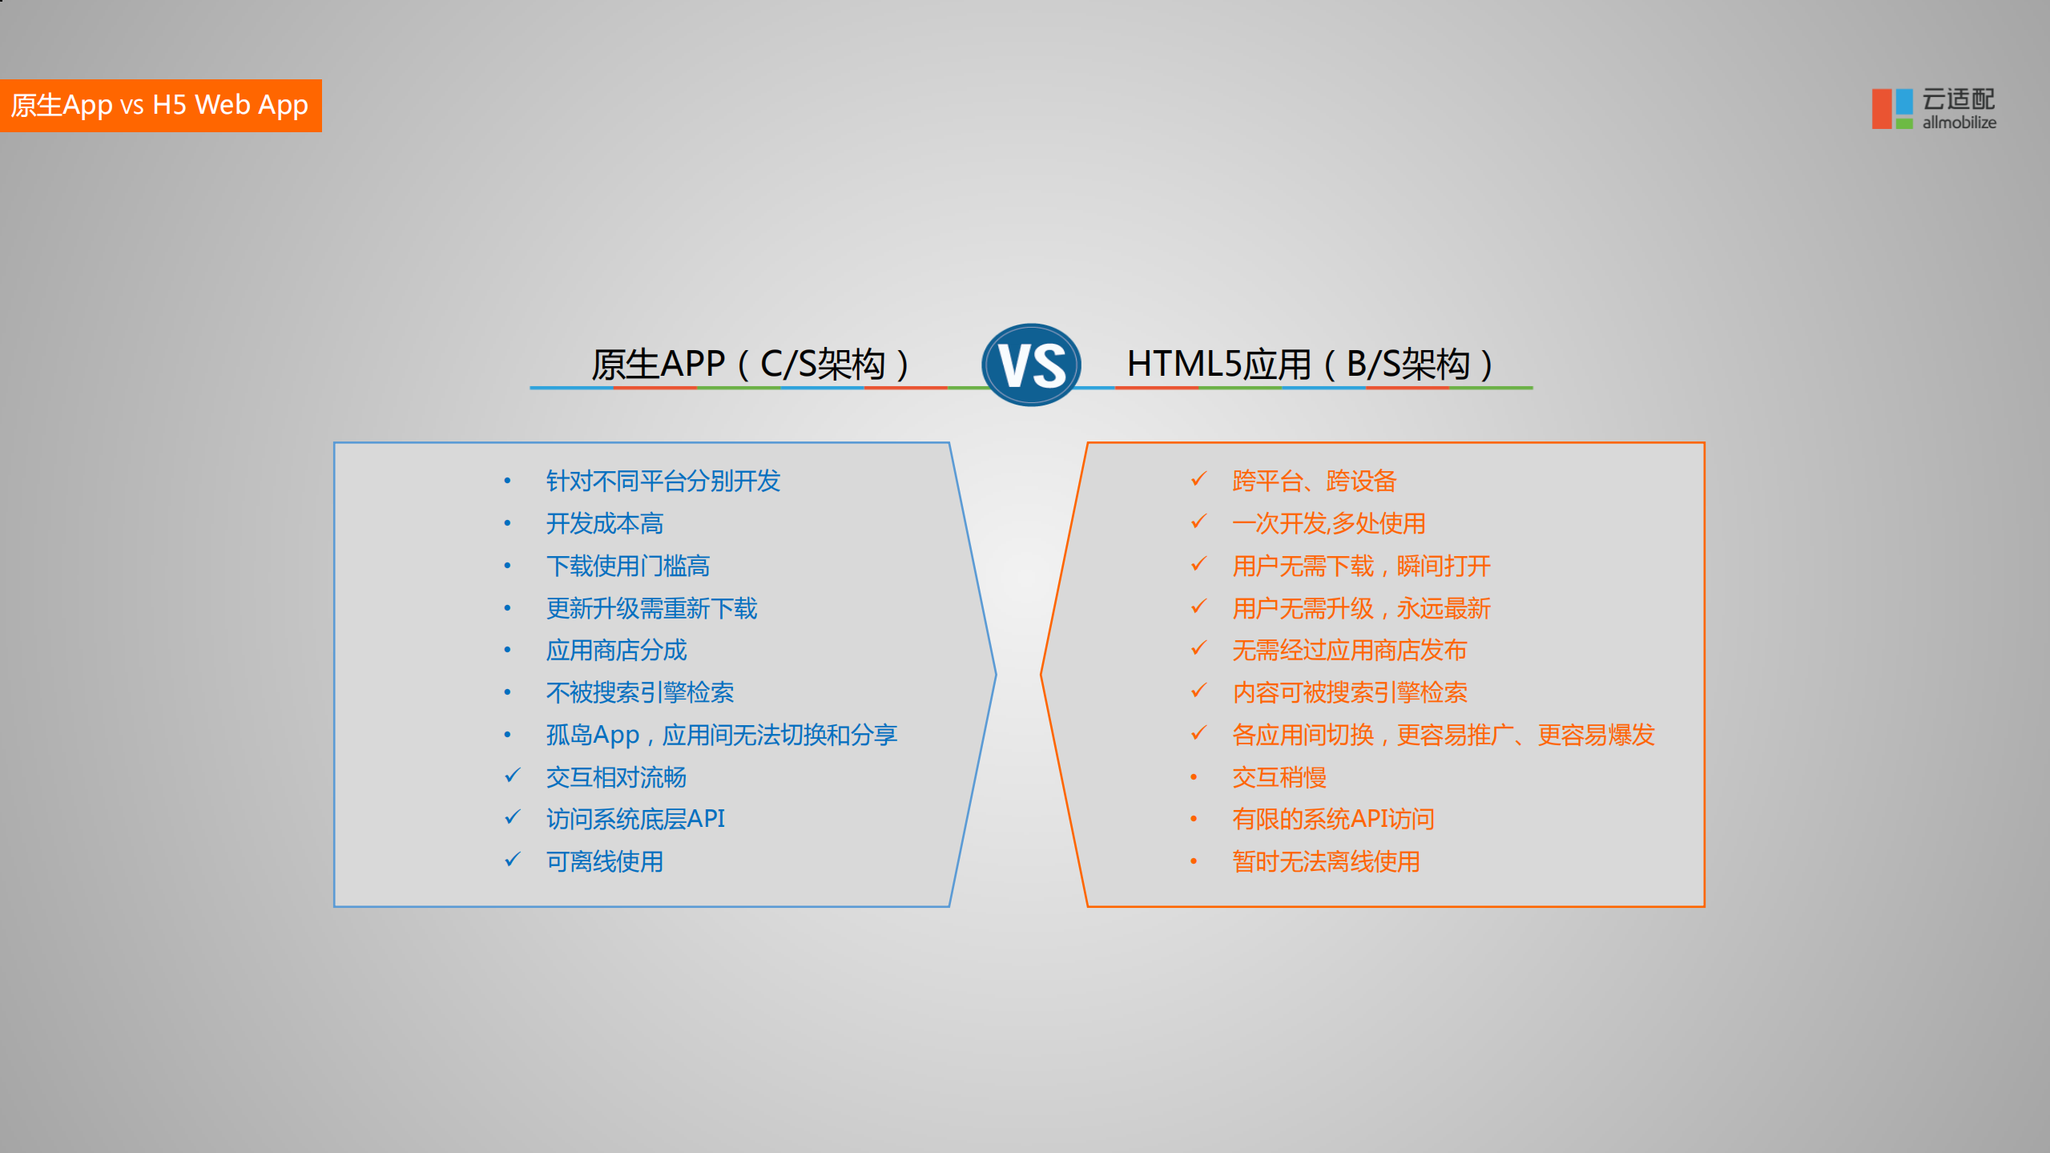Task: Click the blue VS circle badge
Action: pyautogui.click(x=1031, y=365)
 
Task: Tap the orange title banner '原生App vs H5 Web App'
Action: pyautogui.click(x=160, y=105)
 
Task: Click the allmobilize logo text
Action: pyautogui.click(x=1959, y=123)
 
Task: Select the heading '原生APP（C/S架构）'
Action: pyautogui.click(x=751, y=365)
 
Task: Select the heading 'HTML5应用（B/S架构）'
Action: pyautogui.click(x=1311, y=365)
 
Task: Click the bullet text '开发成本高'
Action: pyautogui.click(x=604, y=524)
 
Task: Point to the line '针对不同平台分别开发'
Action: pyautogui.click(x=663, y=481)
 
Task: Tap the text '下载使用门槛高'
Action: pyautogui.click(x=627, y=566)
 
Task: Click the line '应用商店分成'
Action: pyautogui.click(x=616, y=651)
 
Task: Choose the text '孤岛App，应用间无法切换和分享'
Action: pyautogui.click(x=721, y=735)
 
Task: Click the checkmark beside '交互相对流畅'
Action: pyautogui.click(x=513, y=776)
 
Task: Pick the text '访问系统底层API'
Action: pyautogui.click(x=635, y=819)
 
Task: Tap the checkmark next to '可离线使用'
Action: pyautogui.click(x=513, y=860)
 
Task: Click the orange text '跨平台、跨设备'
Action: pyautogui.click(x=1314, y=481)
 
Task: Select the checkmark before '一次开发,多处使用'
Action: pyautogui.click(x=1198, y=522)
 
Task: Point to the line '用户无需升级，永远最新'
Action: pyautogui.click(x=1360, y=609)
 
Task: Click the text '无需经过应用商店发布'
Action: pyautogui.click(x=1349, y=651)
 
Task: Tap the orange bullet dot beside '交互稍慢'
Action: pyautogui.click(x=1194, y=777)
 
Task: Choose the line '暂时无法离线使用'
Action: pyautogui.click(x=1326, y=862)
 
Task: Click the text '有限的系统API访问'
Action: pyautogui.click(x=1333, y=819)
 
